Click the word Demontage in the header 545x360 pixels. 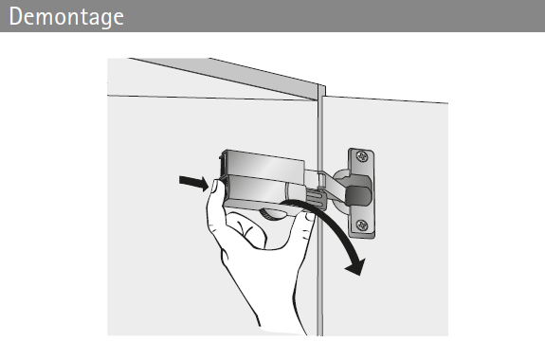click(66, 17)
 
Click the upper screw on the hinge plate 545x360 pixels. click(362, 156)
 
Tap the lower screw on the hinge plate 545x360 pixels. click(362, 225)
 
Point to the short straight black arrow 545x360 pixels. click(194, 183)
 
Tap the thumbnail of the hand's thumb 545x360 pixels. click(212, 187)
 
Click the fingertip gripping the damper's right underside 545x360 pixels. click(308, 217)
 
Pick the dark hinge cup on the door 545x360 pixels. click(358, 195)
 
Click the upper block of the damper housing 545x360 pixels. click(264, 164)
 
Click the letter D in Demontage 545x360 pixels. click(15, 16)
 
